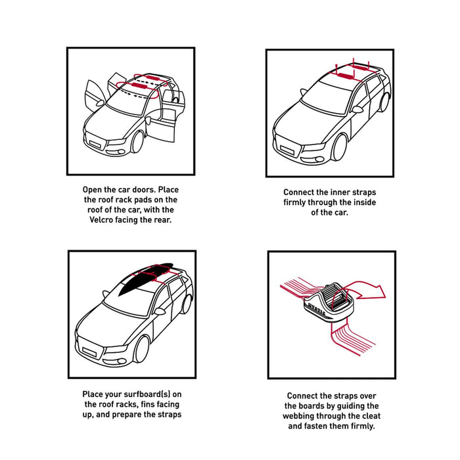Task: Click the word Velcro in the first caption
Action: (101, 219)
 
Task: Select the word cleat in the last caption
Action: (371, 416)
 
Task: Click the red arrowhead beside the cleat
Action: (379, 292)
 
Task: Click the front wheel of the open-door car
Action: (137, 143)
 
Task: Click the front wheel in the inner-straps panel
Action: (339, 148)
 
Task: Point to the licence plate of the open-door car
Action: (95, 145)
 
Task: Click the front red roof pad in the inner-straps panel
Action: (346, 76)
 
